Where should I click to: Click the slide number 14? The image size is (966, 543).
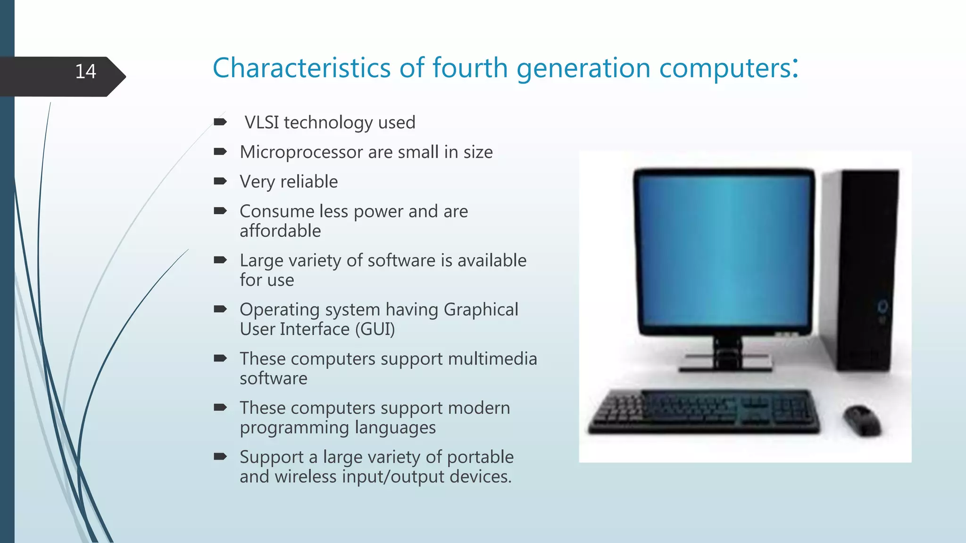point(85,72)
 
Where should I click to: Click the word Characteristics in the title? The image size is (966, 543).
point(301,68)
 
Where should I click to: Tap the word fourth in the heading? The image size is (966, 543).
point(470,68)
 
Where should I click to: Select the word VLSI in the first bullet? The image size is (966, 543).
point(262,123)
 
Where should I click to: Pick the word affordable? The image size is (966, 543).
point(280,231)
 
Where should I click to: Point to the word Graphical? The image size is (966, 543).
point(481,310)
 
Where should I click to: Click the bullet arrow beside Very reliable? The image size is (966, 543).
point(220,181)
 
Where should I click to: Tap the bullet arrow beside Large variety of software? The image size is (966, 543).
point(220,260)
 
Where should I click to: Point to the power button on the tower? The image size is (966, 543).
point(882,306)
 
